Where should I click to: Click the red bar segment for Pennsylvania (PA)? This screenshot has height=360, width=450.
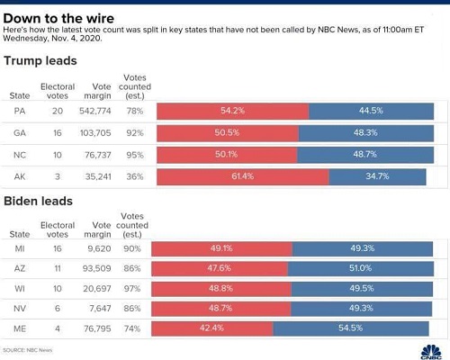[x=233, y=111]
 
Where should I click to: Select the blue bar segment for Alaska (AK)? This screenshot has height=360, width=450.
[x=377, y=177]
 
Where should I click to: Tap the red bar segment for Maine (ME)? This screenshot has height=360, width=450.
[x=212, y=328]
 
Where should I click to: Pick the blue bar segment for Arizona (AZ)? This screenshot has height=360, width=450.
[x=361, y=269]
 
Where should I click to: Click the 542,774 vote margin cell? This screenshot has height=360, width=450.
[x=95, y=111]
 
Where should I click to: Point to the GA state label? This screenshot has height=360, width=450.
[x=20, y=133]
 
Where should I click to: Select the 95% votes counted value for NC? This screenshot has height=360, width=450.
[x=135, y=155]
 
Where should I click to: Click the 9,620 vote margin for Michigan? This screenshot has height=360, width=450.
[x=99, y=248]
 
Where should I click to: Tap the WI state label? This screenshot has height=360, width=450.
[x=20, y=289]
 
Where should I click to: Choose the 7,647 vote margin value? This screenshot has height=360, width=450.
[x=100, y=309]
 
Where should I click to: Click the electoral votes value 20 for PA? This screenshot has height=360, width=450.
[x=58, y=111]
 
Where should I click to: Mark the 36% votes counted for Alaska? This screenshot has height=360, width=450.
[x=135, y=176]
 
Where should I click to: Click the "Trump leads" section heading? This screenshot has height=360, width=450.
[x=40, y=61]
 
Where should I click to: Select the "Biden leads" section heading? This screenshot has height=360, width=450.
[x=39, y=202]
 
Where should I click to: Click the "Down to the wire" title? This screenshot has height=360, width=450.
[x=58, y=19]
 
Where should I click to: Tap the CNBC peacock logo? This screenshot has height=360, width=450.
[x=431, y=352]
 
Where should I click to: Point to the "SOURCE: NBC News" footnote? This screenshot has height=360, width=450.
[x=28, y=350]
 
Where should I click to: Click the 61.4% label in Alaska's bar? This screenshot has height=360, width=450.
[x=243, y=176]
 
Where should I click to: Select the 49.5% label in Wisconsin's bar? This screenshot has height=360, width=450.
[x=362, y=289]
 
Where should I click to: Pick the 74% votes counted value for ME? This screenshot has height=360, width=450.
[x=132, y=328]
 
